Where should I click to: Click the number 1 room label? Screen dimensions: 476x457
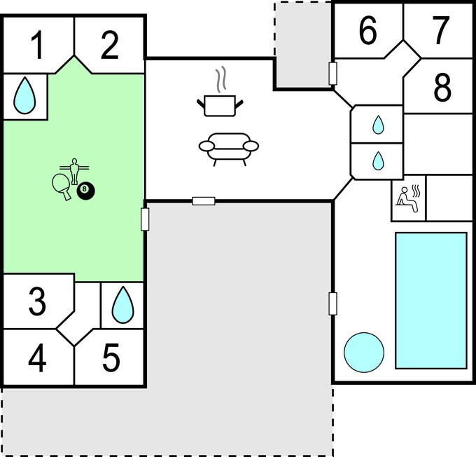[38, 46]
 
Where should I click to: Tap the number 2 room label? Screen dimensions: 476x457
[109, 46]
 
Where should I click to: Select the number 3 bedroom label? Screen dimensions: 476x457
[37, 301]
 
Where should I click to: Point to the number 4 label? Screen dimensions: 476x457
[37, 357]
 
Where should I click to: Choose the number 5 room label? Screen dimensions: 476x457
[111, 358]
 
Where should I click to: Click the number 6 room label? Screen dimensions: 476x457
[368, 30]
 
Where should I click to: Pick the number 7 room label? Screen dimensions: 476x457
[441, 30]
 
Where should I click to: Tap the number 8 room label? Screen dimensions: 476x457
[442, 88]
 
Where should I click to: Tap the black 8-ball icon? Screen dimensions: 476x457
[85, 191]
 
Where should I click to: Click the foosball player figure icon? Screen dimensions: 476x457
[74, 172]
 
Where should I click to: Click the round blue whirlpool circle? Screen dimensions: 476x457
[364, 353]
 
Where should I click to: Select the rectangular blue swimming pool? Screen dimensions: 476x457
[431, 301]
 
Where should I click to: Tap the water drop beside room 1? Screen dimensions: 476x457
[24, 96]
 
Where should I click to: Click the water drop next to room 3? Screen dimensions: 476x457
[123, 305]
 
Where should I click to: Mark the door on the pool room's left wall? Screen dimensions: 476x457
[332, 303]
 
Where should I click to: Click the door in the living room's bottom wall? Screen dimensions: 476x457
[204, 201]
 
